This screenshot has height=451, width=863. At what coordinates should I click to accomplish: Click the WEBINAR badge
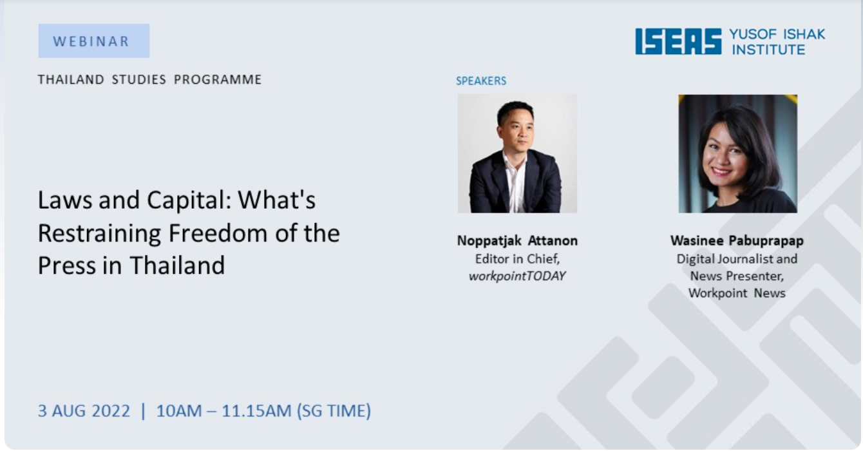tap(93, 41)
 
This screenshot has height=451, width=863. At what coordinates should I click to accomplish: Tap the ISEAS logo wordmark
tap(678, 41)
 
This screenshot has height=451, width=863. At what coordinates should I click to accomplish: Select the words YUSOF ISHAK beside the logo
tap(777, 34)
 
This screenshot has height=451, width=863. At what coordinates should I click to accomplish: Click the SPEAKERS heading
tap(481, 81)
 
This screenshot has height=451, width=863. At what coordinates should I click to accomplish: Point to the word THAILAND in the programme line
tap(71, 79)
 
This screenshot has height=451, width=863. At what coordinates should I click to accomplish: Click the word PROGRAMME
tap(218, 79)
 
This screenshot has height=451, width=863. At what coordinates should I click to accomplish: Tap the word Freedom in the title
tap(218, 233)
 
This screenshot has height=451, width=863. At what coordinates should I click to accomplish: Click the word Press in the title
tap(66, 265)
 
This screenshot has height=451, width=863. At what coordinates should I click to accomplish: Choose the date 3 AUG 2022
tap(84, 410)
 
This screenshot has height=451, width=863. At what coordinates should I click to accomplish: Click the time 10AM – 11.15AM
tap(224, 410)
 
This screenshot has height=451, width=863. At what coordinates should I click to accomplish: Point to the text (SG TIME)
tap(334, 411)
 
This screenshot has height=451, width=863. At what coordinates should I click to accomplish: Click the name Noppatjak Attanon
tap(517, 240)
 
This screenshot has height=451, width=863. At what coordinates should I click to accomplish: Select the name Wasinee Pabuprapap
tap(737, 240)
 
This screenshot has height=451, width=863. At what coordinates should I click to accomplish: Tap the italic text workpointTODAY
tap(517, 276)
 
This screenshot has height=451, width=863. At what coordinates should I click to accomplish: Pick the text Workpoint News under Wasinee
tap(737, 293)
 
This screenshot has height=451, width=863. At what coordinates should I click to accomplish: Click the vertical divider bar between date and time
tap(144, 411)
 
